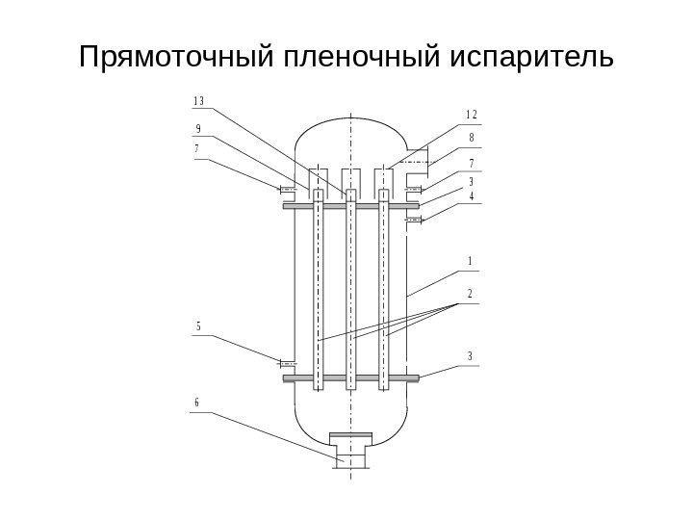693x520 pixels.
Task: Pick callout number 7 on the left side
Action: [196, 149]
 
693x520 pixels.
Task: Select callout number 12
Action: [471, 115]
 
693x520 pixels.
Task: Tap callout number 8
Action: [472, 138]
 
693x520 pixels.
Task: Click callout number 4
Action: [472, 196]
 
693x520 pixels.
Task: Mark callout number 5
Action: [197, 326]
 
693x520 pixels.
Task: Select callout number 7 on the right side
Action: [472, 163]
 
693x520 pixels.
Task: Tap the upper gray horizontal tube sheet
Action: [351, 206]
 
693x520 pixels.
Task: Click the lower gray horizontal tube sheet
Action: [351, 378]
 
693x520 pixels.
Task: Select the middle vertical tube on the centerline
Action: [351, 289]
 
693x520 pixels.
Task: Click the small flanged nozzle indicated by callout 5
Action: [285, 363]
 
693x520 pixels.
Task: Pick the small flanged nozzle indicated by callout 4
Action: [414, 221]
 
